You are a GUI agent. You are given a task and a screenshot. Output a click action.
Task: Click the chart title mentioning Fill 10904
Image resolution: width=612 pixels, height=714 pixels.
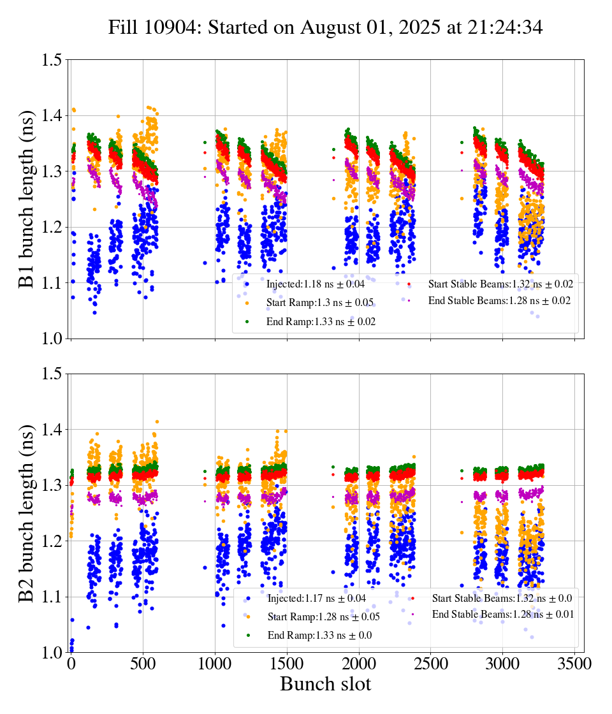[325, 27]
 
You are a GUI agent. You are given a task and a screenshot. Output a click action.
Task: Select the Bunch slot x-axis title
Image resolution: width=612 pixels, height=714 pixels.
[325, 684]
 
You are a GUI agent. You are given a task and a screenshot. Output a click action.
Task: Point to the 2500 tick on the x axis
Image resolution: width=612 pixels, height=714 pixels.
[431, 664]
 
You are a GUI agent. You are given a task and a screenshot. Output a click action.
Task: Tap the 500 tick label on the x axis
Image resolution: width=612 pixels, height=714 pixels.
[143, 664]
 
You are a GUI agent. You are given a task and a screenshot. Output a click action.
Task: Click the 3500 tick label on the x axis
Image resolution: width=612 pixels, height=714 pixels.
[575, 664]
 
